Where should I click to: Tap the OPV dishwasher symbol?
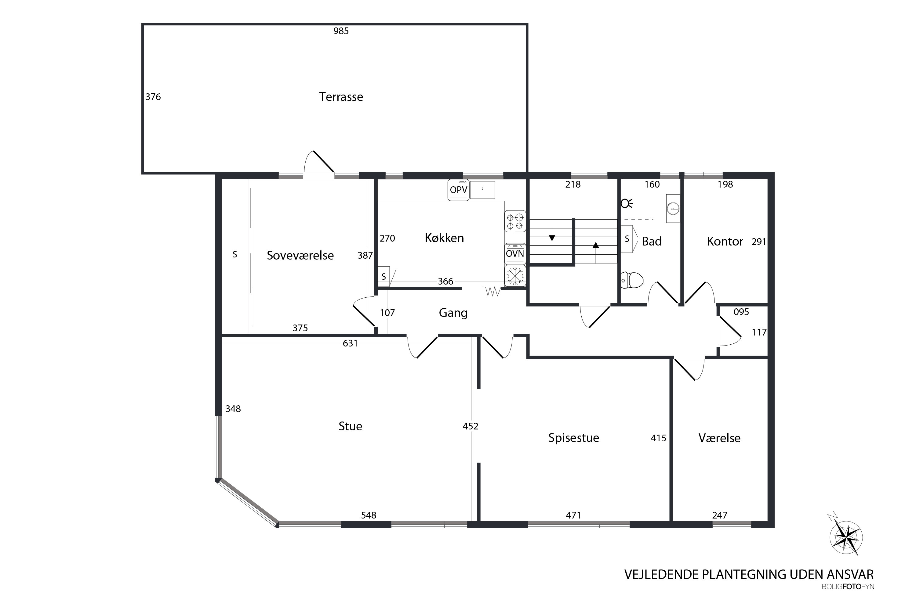point(458,190)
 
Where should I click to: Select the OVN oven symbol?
point(515,254)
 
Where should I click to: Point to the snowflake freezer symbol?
point(515,276)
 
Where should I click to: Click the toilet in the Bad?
point(631,280)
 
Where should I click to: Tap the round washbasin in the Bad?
point(673,209)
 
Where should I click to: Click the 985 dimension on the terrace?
point(341,31)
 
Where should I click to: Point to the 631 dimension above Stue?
point(350,343)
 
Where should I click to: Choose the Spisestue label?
point(574,438)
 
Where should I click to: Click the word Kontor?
point(725,242)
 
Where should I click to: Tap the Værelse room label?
point(719,438)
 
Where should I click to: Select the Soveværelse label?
point(300,255)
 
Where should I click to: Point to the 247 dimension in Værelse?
point(720,515)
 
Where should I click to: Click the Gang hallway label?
point(453,313)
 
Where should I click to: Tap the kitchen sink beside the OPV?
point(482,190)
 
